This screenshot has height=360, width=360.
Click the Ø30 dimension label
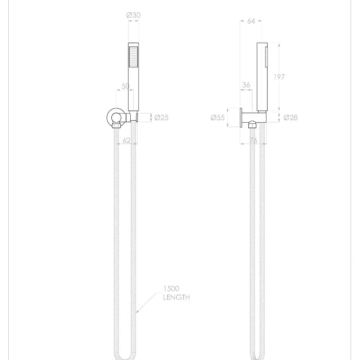[x=133, y=15]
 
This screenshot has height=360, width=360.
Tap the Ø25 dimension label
[x=161, y=117]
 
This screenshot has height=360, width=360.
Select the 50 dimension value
[x=125, y=86]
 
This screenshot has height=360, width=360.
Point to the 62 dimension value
[x=126, y=140]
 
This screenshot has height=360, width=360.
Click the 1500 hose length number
[x=171, y=289]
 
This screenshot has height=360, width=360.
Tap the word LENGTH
[x=176, y=297]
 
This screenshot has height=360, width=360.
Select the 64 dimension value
[x=251, y=21]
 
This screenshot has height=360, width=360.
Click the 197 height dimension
[x=279, y=77]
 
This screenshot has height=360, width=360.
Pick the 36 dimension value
[x=246, y=85]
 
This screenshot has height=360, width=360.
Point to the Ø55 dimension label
[x=217, y=117]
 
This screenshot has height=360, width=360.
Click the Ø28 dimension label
[x=291, y=117]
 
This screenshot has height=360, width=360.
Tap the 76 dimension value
[x=253, y=140]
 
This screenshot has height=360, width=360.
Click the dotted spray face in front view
[x=133, y=56]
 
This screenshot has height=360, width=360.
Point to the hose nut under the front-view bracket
[x=116, y=126]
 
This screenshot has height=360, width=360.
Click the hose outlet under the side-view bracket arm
[x=253, y=125]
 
